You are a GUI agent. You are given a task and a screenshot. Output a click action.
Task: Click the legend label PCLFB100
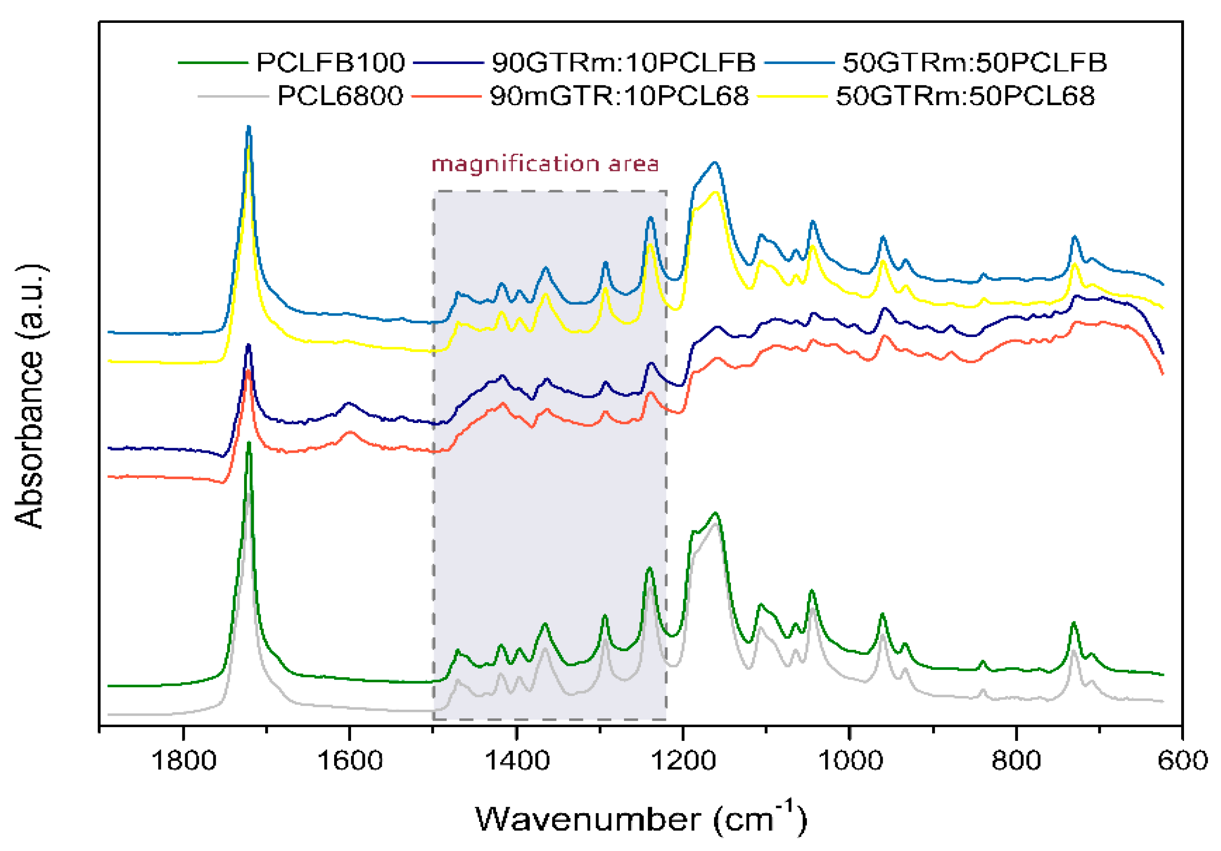330,63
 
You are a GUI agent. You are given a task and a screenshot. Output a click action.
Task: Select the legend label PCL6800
340,96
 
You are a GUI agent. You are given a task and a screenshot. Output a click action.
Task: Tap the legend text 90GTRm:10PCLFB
623,63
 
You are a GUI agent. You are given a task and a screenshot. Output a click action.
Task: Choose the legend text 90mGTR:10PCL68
619,96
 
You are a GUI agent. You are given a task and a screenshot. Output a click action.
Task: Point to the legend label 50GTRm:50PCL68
965,96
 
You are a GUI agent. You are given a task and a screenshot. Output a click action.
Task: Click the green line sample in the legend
213,63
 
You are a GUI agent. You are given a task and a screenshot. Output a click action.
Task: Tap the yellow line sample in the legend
792,96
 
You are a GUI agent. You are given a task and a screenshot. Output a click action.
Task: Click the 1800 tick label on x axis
183,760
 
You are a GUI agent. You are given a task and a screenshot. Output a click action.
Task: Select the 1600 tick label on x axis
350,760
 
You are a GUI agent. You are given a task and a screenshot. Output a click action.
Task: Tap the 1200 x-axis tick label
683,760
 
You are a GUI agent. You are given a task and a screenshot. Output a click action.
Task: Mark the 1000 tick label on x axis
849,760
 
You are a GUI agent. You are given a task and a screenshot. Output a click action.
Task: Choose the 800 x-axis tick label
1016,760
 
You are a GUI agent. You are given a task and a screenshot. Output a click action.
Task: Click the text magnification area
545,164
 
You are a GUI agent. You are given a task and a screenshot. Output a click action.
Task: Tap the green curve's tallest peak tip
248,443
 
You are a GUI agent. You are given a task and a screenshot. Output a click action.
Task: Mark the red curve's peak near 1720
248,370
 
